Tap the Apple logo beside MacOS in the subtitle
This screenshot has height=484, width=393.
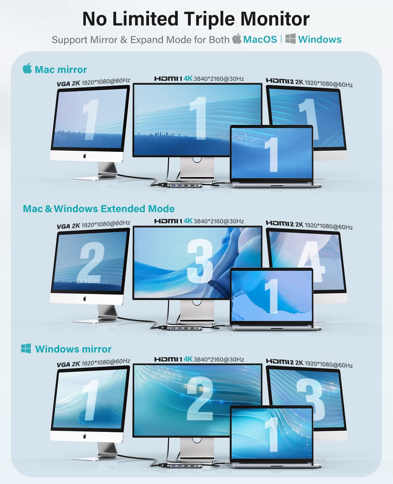[x=237, y=39]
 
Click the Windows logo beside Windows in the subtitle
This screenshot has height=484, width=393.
[x=291, y=39]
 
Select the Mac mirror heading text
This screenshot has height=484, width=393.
[x=61, y=70]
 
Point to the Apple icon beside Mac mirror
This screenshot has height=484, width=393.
[x=27, y=68]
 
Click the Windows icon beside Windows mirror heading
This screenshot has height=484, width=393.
[x=26, y=348]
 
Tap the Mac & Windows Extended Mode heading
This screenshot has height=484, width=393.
[x=99, y=209]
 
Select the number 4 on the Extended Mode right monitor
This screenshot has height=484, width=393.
[x=311, y=261]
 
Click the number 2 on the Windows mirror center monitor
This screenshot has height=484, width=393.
[x=200, y=399]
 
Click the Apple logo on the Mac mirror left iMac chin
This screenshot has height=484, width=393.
[x=85, y=156]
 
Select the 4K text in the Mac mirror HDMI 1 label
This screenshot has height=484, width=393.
[x=188, y=78]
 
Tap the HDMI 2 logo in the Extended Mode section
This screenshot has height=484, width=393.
[x=279, y=223]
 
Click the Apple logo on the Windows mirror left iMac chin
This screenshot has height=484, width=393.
[x=85, y=436]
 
